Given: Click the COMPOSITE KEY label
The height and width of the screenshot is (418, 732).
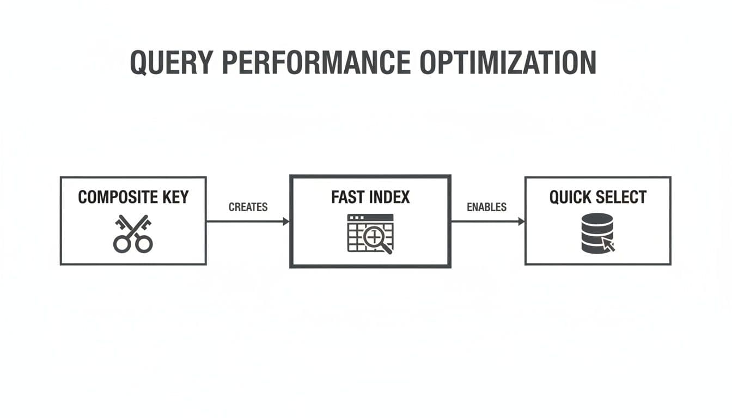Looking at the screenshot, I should coord(132,197).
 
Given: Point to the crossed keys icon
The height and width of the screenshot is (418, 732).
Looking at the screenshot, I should coord(132,234).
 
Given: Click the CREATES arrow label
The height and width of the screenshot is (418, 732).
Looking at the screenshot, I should coord(248,207).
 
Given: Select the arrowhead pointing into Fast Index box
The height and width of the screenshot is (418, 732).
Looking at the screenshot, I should coord(285,222).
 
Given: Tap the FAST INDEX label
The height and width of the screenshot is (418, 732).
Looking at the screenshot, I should coord(370,197).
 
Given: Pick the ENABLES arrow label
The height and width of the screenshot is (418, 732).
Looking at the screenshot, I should coord(486,207).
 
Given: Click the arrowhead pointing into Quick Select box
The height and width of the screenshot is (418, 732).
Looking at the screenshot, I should coord(521,222).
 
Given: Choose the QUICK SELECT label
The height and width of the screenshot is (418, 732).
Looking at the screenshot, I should coord(597,197).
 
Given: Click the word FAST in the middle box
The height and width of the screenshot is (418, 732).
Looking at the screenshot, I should coord(346,197).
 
